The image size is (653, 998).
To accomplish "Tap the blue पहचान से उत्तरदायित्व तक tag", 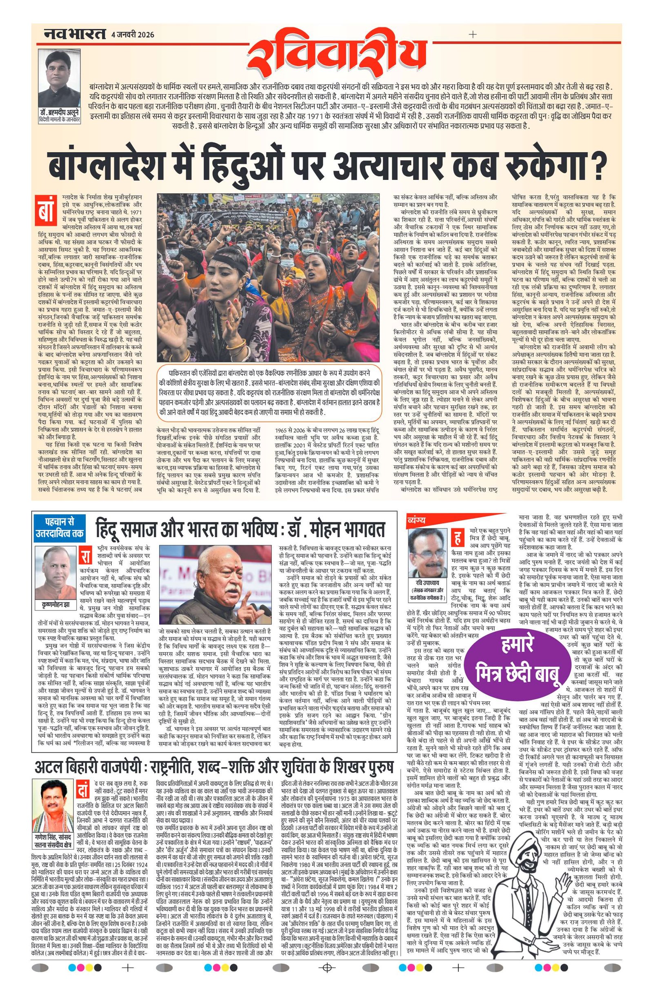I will [x=59, y=530].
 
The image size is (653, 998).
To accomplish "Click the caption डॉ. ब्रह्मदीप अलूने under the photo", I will [x=58, y=115].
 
